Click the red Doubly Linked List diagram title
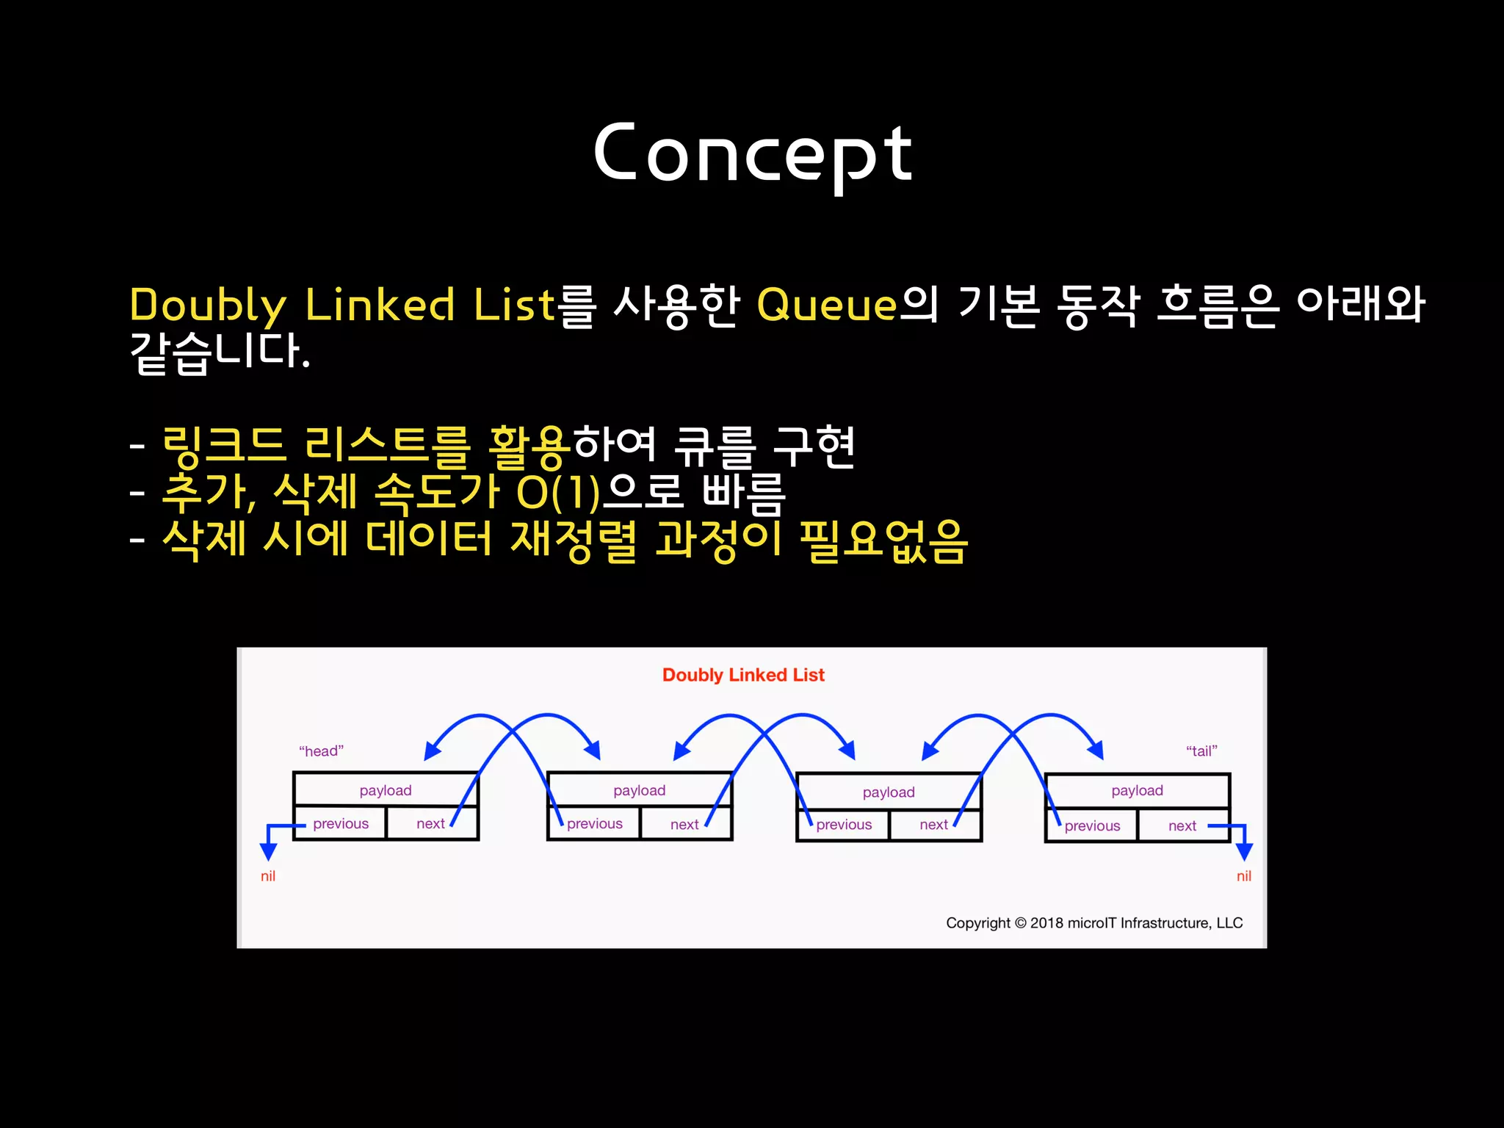tap(743, 675)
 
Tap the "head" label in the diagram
tap(321, 751)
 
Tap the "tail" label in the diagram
tap(1201, 751)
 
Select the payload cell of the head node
tap(386, 790)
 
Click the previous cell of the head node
tap(340, 824)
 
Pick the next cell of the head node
tap(431, 824)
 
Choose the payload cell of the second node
tap(640, 790)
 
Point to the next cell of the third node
tap(934, 825)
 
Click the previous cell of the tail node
tap(1092, 826)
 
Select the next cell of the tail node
tap(1182, 826)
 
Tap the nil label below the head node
tap(268, 876)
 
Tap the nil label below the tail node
tap(1244, 876)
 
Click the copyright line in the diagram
tap(1094, 923)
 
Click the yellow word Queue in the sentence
tap(827, 304)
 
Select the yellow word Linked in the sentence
tap(380, 304)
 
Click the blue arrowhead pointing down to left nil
tap(269, 851)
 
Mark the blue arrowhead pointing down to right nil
tap(1244, 851)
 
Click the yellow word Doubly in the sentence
tap(208, 305)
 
